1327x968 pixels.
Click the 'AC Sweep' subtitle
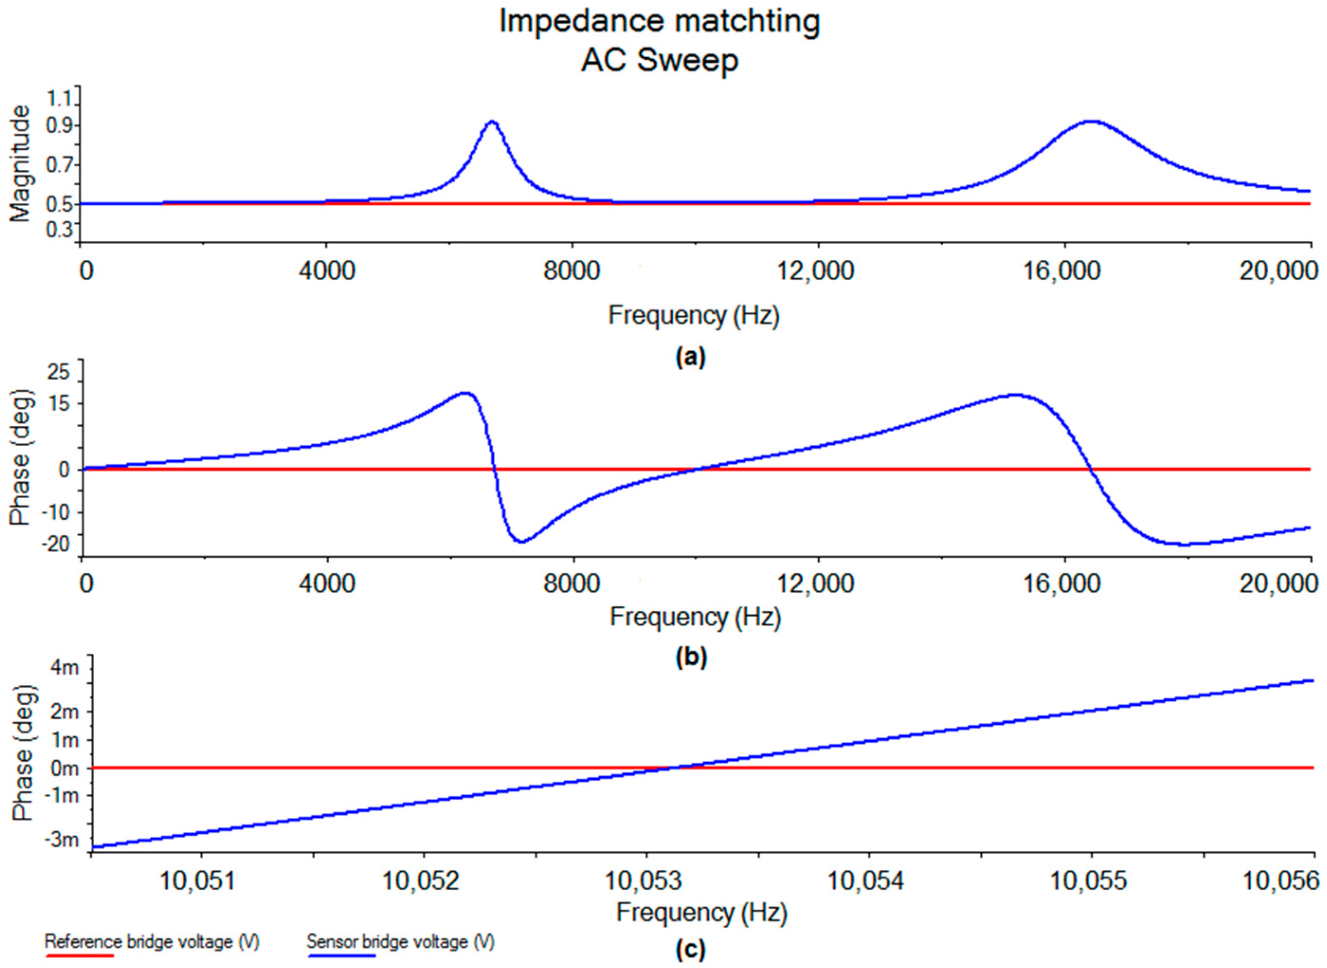click(659, 60)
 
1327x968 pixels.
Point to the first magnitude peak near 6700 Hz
click(492, 122)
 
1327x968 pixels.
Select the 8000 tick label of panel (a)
click(571, 271)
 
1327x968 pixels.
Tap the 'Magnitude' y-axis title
click(20, 164)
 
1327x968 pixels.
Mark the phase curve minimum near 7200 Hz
click(521, 541)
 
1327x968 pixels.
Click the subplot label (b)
click(691, 658)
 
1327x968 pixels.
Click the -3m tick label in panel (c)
click(61, 840)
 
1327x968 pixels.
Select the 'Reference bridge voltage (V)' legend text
click(152, 941)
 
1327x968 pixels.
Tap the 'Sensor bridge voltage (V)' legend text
click(400, 941)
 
